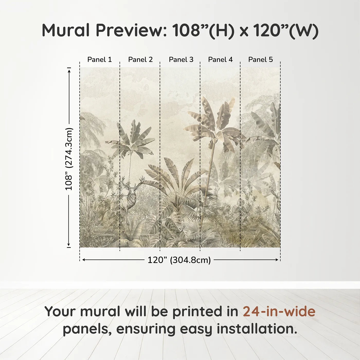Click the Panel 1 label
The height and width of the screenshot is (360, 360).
[x=100, y=60]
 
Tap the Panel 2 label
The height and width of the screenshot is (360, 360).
[x=140, y=60]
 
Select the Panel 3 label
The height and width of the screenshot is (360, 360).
[x=181, y=60]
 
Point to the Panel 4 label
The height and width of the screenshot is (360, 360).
[x=220, y=60]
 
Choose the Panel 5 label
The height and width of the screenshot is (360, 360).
[x=260, y=60]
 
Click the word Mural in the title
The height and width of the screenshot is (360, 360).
[x=66, y=30]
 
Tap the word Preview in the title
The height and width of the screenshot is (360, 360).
[x=131, y=30]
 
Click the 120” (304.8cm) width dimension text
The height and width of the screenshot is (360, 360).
[x=179, y=260]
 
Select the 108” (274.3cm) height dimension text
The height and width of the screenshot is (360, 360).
[x=69, y=159]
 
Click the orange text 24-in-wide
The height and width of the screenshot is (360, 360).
[x=279, y=311]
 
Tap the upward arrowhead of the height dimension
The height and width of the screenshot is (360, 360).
[x=69, y=70]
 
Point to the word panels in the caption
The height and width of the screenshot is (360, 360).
[x=87, y=329]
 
